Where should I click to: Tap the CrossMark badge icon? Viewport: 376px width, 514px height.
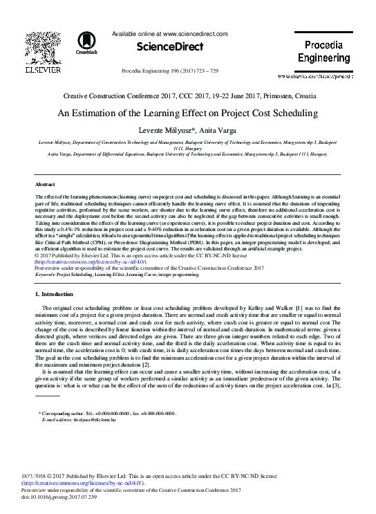point(86,42)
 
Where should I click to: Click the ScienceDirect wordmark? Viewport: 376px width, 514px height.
point(169,47)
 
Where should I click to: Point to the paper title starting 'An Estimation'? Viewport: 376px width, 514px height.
point(187,113)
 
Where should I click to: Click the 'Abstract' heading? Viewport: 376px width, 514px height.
point(46,185)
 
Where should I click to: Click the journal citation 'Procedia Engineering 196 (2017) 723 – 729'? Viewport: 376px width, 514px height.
point(169,71)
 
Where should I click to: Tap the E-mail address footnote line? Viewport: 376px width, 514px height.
point(76,419)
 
